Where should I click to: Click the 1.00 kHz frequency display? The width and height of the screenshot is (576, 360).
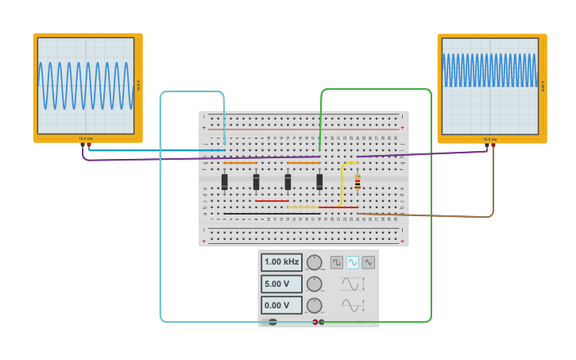[281, 262]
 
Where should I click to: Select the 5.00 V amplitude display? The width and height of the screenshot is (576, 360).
[281, 284]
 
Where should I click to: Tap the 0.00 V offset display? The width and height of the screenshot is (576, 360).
[281, 305]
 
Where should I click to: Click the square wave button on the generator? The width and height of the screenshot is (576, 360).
[337, 262]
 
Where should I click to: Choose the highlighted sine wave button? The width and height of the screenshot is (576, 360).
[352, 262]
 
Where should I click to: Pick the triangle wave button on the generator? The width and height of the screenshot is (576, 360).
[368, 262]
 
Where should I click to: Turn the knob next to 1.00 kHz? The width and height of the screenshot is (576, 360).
[315, 262]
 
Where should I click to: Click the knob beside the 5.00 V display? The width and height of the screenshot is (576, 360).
[315, 284]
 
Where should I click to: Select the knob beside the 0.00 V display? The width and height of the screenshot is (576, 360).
[315, 305]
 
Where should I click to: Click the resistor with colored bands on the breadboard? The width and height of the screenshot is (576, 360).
[358, 183]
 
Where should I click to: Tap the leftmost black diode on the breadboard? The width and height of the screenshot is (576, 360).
[225, 183]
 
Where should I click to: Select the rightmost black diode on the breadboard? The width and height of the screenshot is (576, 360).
[319, 183]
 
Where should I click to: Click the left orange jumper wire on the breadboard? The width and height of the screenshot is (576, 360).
[240, 163]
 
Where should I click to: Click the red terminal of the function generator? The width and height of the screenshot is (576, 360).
[315, 322]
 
